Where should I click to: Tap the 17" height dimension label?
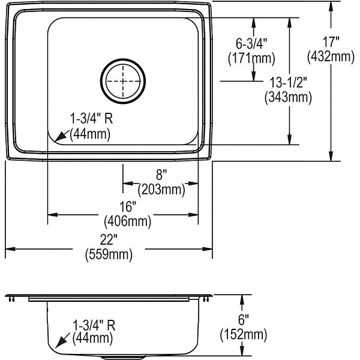tap(331, 42)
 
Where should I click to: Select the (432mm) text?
tap(331, 56)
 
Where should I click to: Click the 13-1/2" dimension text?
tap(288, 82)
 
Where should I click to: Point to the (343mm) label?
tap(288, 97)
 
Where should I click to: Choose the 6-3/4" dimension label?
tap(251, 44)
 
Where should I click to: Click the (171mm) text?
tap(251, 58)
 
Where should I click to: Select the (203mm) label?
tap(161, 190)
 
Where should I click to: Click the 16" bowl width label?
tap(128, 206)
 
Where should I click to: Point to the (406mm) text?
tap(128, 221)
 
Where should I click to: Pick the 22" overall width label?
tap(109, 239)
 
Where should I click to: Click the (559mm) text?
tap(109, 254)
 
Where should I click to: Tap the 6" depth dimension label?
tap(244, 320)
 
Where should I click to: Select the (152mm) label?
tap(244, 335)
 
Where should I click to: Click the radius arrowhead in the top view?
tap(59, 137)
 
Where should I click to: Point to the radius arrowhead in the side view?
tap(60, 343)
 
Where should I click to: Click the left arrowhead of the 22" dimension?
tap(10, 249)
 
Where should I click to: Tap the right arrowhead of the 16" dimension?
tap(193, 215)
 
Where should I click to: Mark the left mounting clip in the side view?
tap(11, 299)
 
